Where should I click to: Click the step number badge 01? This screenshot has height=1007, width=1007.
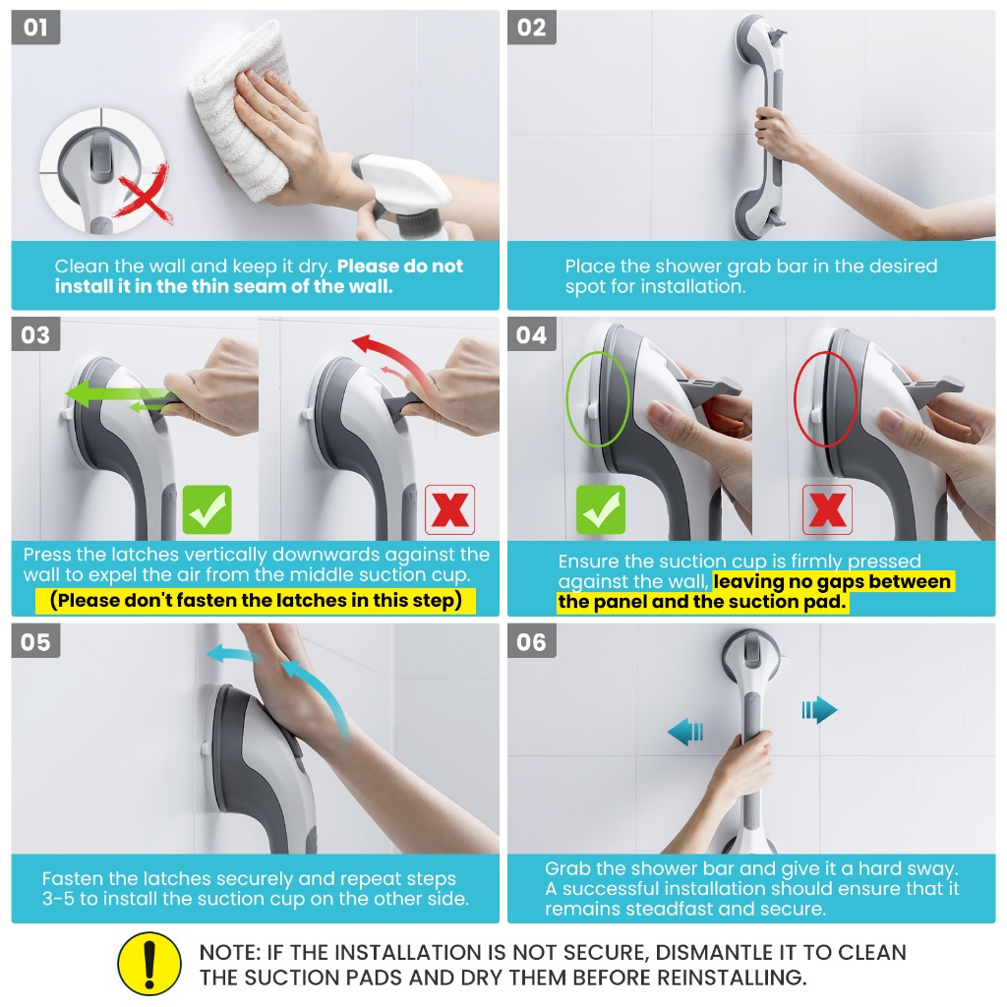[36, 28]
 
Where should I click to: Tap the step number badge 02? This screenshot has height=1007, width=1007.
[532, 28]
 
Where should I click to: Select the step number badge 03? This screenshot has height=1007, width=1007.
[36, 334]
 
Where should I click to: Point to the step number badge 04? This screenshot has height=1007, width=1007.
[532, 334]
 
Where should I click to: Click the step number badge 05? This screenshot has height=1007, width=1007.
[36, 641]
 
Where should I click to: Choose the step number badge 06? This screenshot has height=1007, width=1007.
[532, 641]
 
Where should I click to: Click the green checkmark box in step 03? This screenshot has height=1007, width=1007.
[207, 510]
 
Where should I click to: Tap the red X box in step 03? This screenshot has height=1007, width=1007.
[449, 510]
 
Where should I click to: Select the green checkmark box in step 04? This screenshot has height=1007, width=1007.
[601, 510]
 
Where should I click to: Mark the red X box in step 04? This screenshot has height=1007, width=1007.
[828, 510]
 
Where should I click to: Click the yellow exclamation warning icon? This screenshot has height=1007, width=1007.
[149, 964]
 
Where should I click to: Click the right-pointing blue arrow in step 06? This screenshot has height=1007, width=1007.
[820, 710]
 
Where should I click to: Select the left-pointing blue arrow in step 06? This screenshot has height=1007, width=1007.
[685, 732]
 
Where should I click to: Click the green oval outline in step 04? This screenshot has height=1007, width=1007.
[598, 399]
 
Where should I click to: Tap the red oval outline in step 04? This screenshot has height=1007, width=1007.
[826, 399]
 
